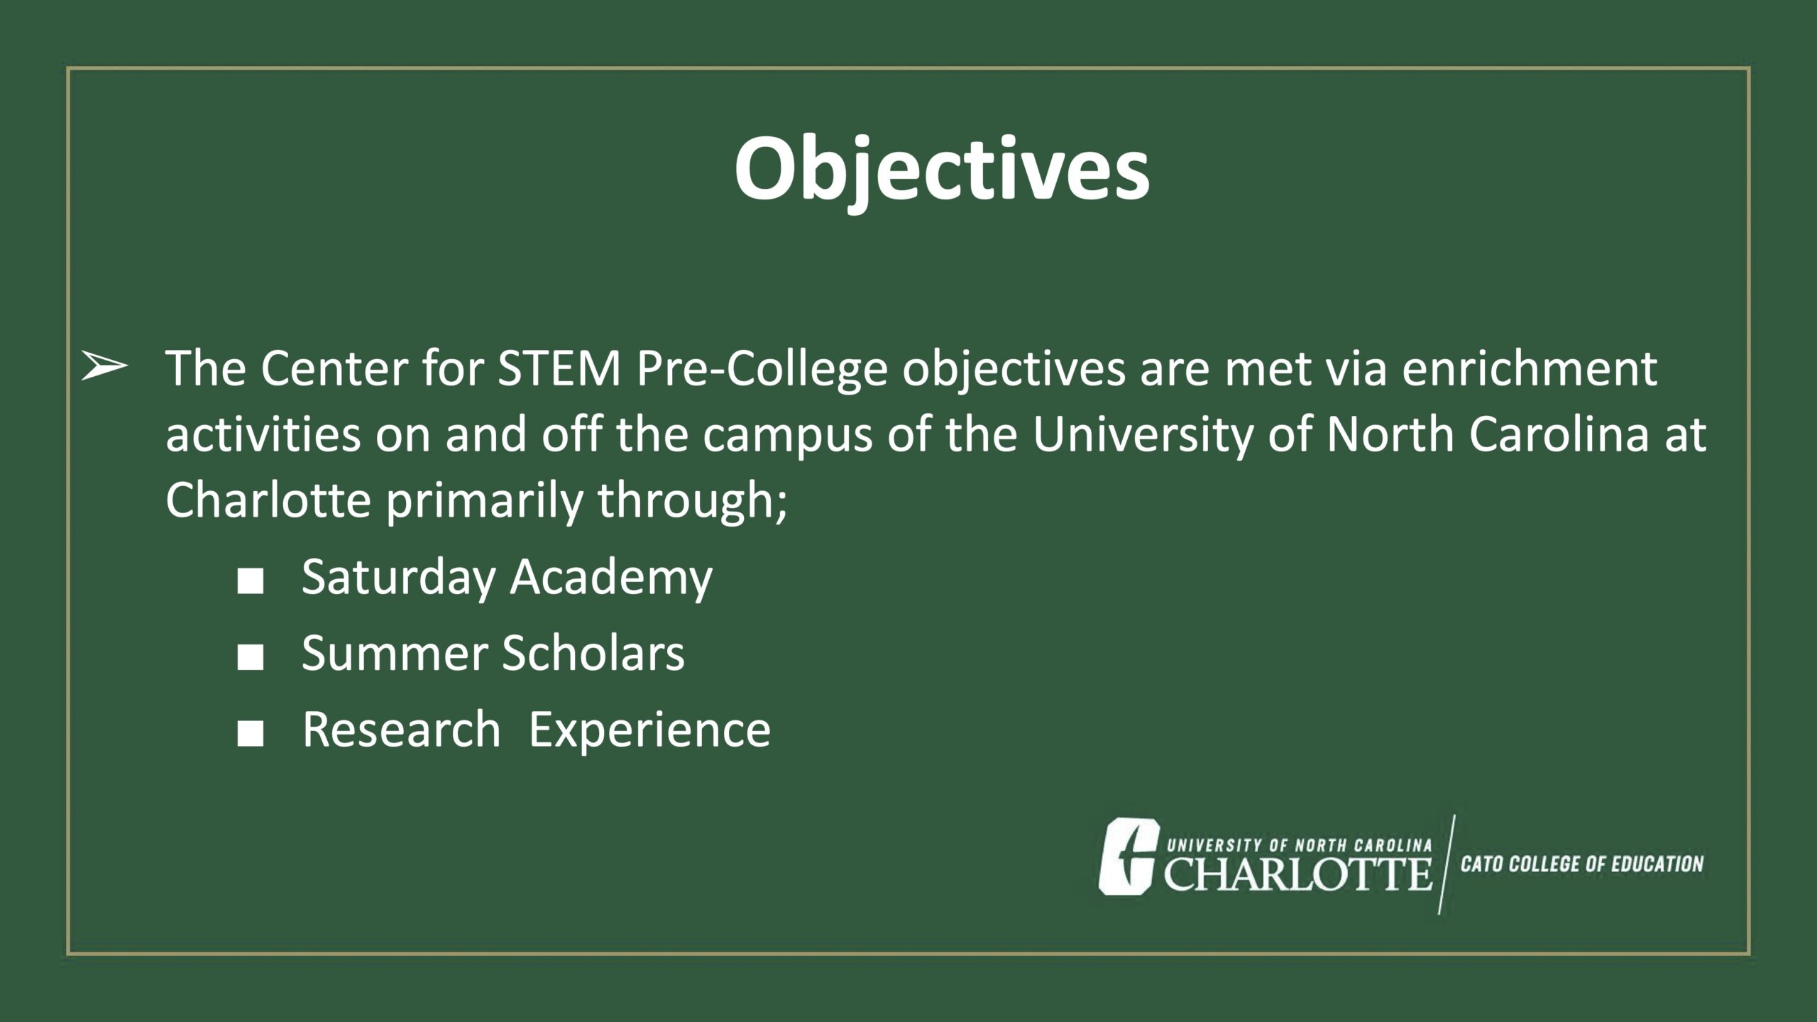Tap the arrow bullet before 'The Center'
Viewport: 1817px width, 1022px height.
[104, 368]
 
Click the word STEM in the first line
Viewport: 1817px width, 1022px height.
[559, 369]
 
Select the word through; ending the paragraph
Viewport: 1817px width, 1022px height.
[692, 502]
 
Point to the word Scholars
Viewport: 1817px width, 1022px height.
[593, 653]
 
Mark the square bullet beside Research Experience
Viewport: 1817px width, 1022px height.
[251, 736]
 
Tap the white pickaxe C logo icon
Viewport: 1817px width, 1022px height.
[1129, 855]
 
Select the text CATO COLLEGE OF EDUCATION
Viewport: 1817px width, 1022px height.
[1582, 864]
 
